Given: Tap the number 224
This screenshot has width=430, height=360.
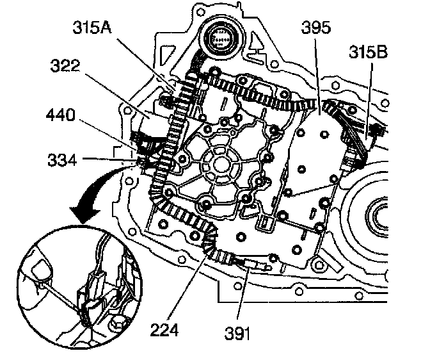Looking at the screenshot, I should [173, 331].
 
